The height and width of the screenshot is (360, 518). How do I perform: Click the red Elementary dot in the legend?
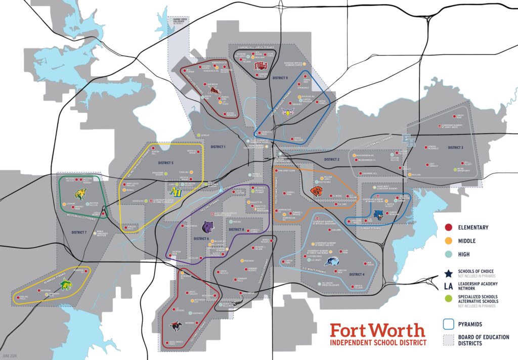448,227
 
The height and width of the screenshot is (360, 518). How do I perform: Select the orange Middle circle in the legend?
448,241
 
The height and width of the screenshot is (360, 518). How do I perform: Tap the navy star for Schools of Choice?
448,274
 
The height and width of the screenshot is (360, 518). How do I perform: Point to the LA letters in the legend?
448,286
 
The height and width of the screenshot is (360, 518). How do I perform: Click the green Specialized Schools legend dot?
448,299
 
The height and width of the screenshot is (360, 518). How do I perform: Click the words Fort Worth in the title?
377,331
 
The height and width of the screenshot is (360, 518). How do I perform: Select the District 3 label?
455,148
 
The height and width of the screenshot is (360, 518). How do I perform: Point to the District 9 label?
279,78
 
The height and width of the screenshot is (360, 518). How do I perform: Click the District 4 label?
357,274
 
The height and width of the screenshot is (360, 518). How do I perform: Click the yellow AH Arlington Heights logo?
176,191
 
